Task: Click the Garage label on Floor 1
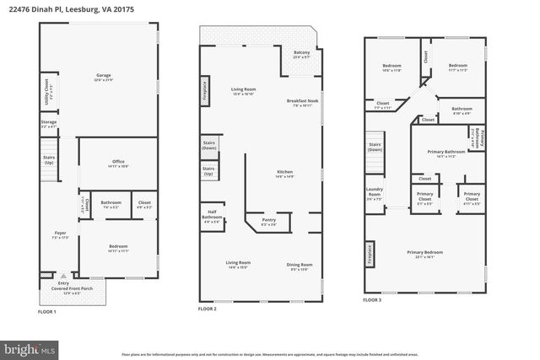click(x=103, y=77)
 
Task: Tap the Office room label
click(x=119, y=164)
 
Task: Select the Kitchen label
click(x=284, y=174)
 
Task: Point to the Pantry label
click(x=268, y=223)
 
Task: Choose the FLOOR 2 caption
click(x=208, y=309)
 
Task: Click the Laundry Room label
click(x=374, y=196)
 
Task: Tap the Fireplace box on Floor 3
click(x=369, y=254)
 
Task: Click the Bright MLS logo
click(x=28, y=347)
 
